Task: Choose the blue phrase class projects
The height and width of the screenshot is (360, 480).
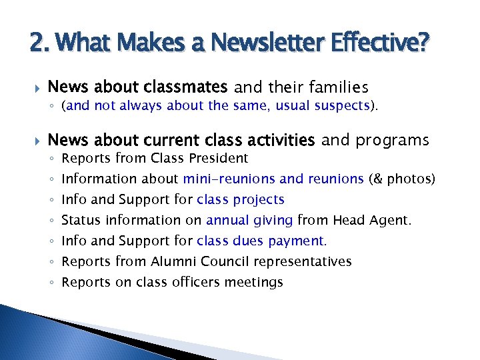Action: (x=241, y=199)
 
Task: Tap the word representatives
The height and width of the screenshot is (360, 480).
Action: (x=302, y=261)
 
